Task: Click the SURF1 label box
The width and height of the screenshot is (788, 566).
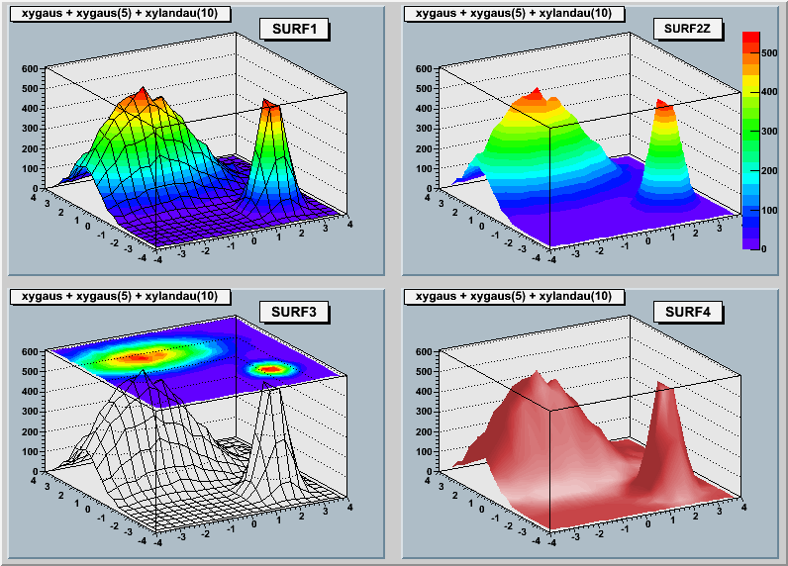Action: pyautogui.click(x=294, y=30)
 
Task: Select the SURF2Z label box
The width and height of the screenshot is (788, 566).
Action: pyautogui.click(x=689, y=28)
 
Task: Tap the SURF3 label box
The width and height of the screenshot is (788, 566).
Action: pyautogui.click(x=294, y=314)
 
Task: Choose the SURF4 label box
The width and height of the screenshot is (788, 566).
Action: pyautogui.click(x=689, y=313)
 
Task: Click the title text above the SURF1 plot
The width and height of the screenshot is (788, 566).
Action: pyautogui.click(x=119, y=13)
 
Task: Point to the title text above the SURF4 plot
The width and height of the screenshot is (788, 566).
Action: pyautogui.click(x=513, y=297)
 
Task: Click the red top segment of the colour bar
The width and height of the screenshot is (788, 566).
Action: pyautogui.click(x=750, y=39)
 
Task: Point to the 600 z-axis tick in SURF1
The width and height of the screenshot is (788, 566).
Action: pyautogui.click(x=29, y=69)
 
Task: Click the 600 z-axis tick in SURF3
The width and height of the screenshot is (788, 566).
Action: pyautogui.click(x=29, y=352)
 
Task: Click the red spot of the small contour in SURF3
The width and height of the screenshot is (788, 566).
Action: pyautogui.click(x=268, y=369)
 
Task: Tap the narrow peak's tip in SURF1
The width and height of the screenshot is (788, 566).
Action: pyautogui.click(x=269, y=102)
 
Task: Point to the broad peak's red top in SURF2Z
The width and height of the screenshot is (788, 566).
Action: pyautogui.click(x=536, y=94)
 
